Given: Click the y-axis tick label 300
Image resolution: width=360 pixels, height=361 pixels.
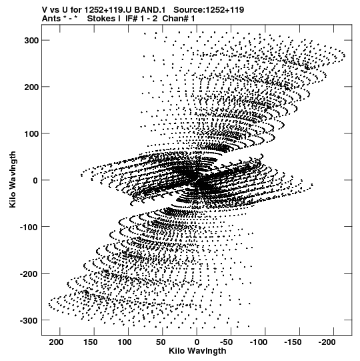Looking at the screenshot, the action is tap(31, 40).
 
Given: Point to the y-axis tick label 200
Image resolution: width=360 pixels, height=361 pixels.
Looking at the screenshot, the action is tap(31, 87).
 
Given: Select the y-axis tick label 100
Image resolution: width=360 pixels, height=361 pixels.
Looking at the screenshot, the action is tap(31, 133).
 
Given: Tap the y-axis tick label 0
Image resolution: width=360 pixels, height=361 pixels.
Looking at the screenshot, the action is tap(35, 180).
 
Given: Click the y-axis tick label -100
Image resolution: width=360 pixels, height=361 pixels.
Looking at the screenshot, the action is tap(29, 227).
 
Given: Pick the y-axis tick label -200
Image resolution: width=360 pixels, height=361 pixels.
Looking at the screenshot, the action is tap(29, 274).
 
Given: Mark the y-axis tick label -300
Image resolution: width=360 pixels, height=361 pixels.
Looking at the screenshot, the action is tap(29, 320).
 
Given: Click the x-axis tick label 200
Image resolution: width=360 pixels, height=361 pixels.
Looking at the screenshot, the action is tap(56, 342).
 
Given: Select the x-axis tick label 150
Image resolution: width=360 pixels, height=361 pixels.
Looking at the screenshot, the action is tap(91, 342).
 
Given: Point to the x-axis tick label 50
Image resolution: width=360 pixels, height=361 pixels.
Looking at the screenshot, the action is tap(161, 342).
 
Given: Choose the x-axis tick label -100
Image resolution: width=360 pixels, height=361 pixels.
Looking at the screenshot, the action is tap(258, 342).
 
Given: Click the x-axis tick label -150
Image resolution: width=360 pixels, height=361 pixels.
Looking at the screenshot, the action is tap(293, 342).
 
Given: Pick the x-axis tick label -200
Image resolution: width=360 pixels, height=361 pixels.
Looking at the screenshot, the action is tap(327, 342).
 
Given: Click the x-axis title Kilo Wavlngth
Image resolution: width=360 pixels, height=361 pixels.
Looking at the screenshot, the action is tap(197, 351).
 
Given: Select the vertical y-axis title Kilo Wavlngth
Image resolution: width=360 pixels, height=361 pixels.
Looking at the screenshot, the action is tap(13, 179).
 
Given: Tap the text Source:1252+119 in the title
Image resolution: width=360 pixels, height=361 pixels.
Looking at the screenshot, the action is tap(209, 10).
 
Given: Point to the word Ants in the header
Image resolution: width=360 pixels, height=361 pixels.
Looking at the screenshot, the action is tap(51, 19).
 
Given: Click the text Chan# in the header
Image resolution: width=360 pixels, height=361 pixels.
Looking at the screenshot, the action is tap(176, 19).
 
